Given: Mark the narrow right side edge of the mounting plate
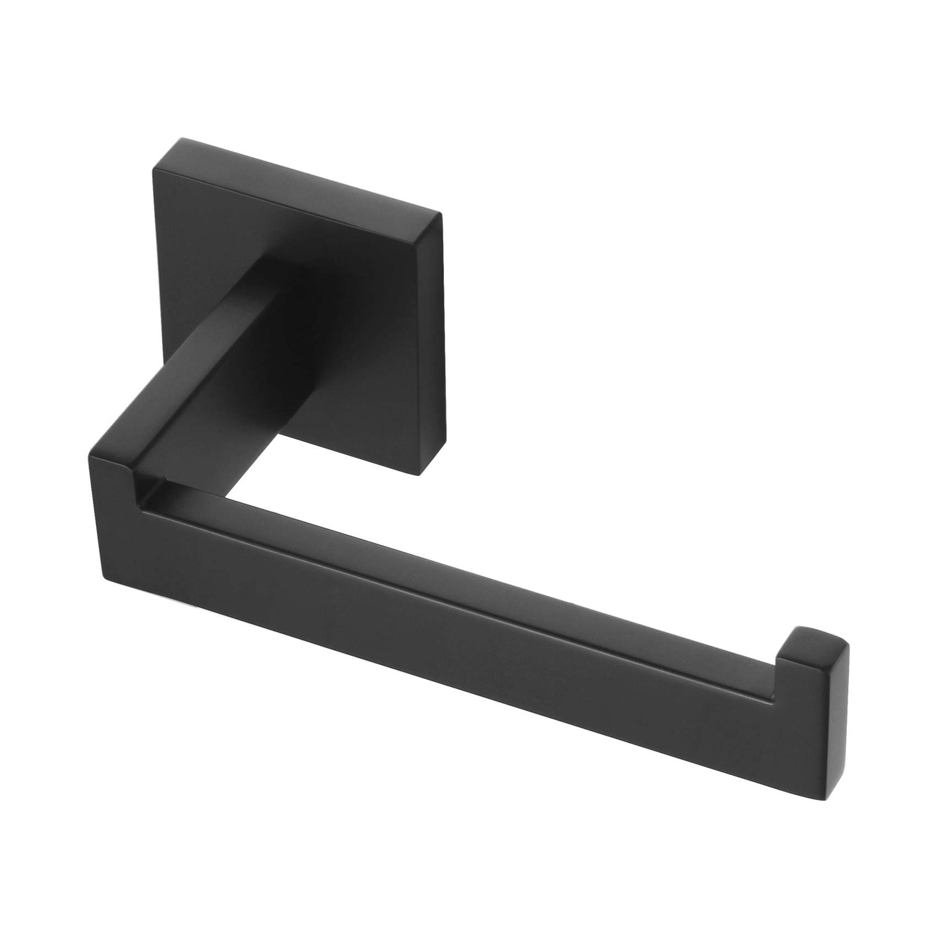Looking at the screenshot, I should pos(442,351).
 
